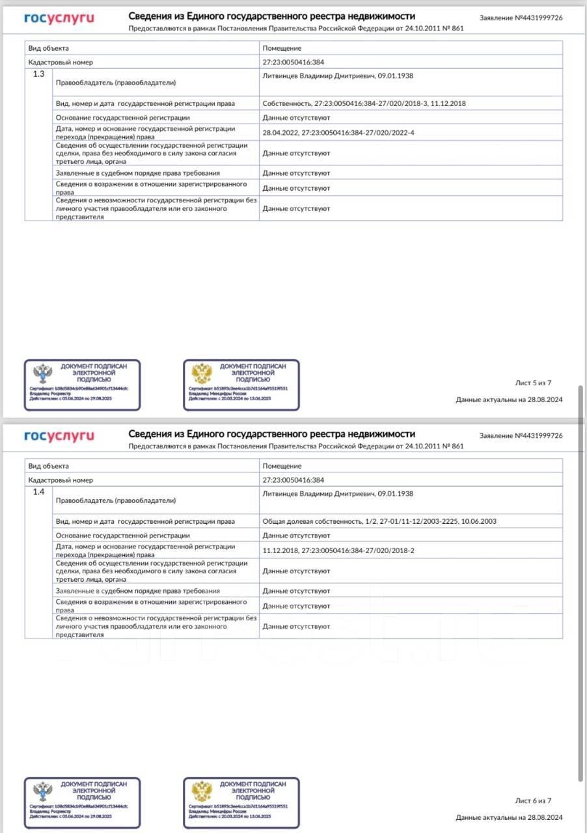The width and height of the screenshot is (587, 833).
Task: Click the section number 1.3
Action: (x=39, y=74)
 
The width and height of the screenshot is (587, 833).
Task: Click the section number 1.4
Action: (x=39, y=492)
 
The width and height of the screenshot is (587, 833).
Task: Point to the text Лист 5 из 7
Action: (x=533, y=383)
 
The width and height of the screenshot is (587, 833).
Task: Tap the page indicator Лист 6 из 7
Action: (x=533, y=801)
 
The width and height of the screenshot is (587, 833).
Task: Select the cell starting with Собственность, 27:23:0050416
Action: (x=364, y=103)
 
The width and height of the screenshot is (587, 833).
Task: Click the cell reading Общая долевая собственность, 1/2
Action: (x=379, y=521)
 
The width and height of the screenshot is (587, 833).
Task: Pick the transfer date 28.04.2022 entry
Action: (x=338, y=133)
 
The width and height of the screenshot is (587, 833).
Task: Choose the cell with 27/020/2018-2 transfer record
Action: (x=338, y=551)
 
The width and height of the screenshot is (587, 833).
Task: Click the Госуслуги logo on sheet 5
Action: (x=59, y=18)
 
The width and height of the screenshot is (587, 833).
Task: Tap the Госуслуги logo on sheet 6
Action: (x=59, y=436)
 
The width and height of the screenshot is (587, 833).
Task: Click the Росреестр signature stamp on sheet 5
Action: (x=82, y=385)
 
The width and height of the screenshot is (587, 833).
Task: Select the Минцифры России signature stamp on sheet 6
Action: (x=241, y=803)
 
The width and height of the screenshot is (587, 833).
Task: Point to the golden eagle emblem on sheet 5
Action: (x=202, y=374)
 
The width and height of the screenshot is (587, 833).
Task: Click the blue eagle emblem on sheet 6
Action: (x=43, y=791)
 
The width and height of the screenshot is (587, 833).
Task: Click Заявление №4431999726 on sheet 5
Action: (x=521, y=18)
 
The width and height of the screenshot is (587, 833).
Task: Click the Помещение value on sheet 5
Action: (x=282, y=48)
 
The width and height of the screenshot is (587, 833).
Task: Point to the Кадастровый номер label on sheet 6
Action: (x=61, y=480)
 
